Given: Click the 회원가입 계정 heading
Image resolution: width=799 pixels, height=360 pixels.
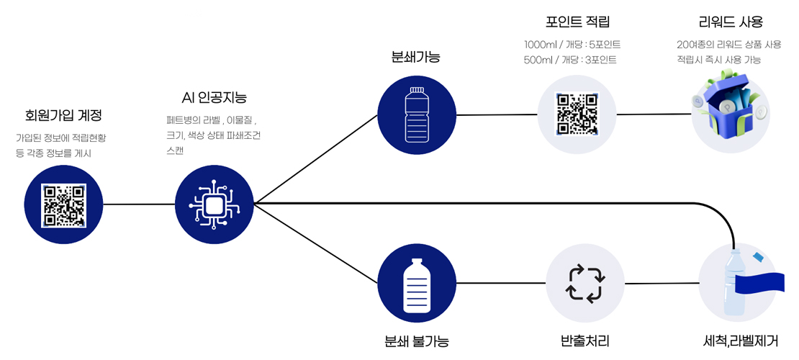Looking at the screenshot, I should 63,115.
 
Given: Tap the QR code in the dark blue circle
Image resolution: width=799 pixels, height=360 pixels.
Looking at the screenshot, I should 64,205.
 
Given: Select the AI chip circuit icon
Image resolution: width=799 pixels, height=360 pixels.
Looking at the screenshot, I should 215,205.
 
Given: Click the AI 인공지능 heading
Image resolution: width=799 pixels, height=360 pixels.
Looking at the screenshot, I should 215,97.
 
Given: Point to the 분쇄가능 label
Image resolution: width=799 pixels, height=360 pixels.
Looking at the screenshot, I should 415,56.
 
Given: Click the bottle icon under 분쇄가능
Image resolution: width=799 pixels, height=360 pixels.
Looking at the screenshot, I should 417,114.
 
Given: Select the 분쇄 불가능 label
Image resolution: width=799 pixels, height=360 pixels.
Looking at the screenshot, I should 417,340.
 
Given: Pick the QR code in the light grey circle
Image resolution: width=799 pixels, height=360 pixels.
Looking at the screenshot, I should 577,114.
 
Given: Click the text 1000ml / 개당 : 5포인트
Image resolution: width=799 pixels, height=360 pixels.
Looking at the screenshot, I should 572,45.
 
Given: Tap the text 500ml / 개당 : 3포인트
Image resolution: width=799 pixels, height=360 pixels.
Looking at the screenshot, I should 570,60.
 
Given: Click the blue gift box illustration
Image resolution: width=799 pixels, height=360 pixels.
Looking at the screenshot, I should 727,112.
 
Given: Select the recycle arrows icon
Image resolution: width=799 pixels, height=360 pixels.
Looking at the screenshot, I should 585,284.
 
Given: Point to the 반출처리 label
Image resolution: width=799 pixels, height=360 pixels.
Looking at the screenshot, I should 585,340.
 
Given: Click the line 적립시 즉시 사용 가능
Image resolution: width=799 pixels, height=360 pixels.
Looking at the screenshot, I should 718,60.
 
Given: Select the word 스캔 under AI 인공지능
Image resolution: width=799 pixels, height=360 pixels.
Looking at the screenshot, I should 174,150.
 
